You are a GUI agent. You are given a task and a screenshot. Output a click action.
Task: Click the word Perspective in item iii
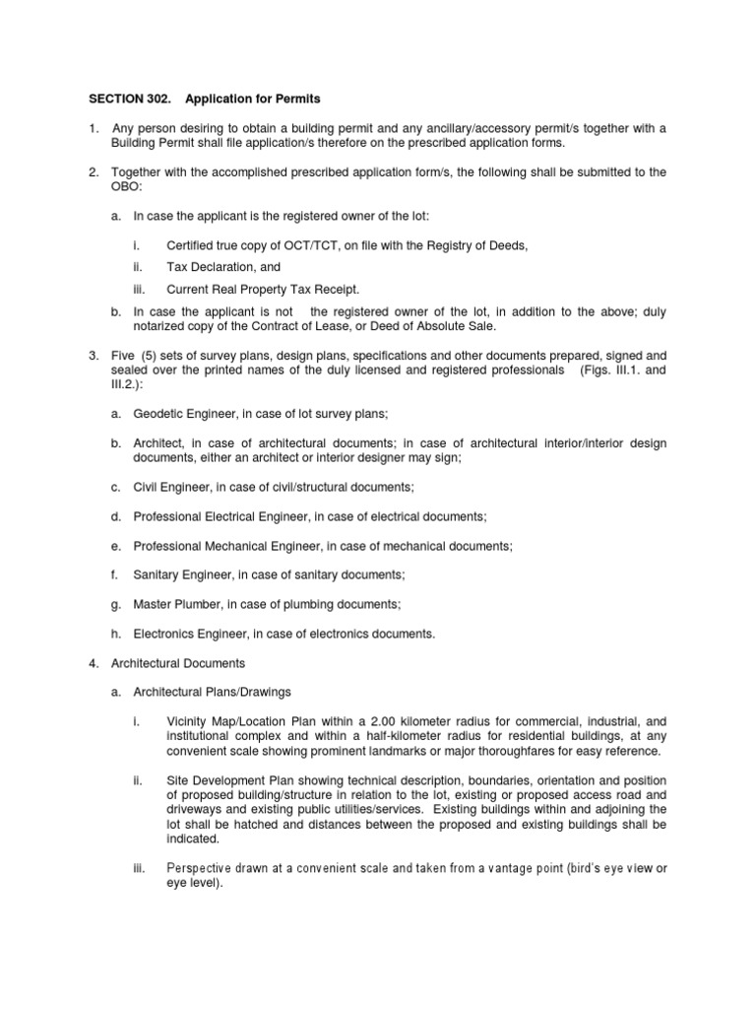(201, 868)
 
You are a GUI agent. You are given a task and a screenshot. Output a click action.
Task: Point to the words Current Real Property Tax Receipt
(264, 289)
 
